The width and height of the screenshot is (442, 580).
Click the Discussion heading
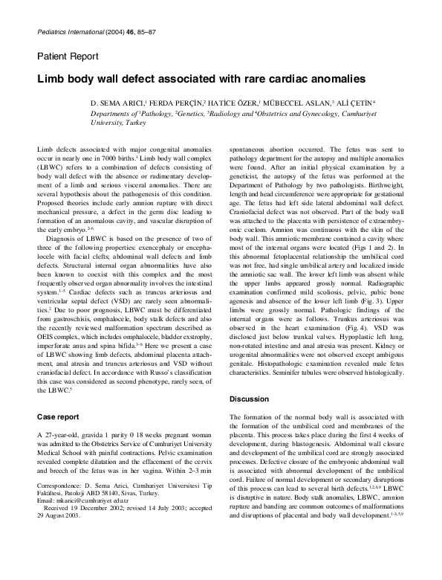pos(250,399)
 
